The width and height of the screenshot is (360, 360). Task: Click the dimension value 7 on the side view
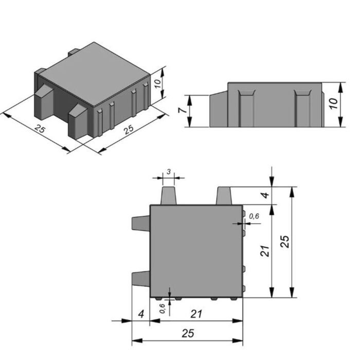[x=182, y=111]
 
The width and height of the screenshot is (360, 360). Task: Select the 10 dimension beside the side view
[x=333, y=104]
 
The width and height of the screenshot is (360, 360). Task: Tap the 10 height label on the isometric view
[x=158, y=83]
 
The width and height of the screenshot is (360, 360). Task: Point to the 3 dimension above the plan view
[x=169, y=171]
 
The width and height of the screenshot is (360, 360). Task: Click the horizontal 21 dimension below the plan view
[x=196, y=314]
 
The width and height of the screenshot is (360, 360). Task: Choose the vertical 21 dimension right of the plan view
[x=265, y=251]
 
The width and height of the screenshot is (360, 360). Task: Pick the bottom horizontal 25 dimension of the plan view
[x=188, y=333]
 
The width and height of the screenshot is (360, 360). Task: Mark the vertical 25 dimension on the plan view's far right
[x=285, y=241]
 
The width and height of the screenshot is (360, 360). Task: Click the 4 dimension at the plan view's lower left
[x=141, y=314]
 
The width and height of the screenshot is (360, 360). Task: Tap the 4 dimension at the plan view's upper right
[x=265, y=195]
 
